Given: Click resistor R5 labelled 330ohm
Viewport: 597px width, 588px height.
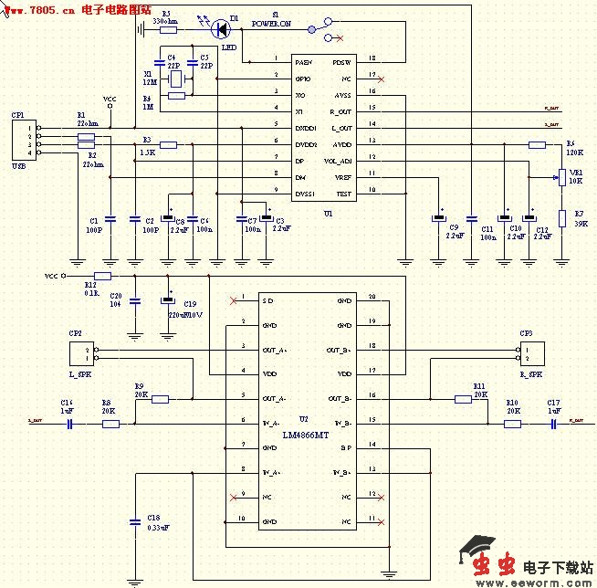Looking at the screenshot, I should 168,29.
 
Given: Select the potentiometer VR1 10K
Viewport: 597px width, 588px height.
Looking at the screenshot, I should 562,176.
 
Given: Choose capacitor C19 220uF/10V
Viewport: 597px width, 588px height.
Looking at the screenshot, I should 167,300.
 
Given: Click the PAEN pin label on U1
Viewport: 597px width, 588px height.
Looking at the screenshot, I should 303,62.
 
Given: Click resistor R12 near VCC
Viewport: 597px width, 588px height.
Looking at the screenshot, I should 102,275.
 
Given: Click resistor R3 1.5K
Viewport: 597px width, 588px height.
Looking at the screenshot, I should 167,144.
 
